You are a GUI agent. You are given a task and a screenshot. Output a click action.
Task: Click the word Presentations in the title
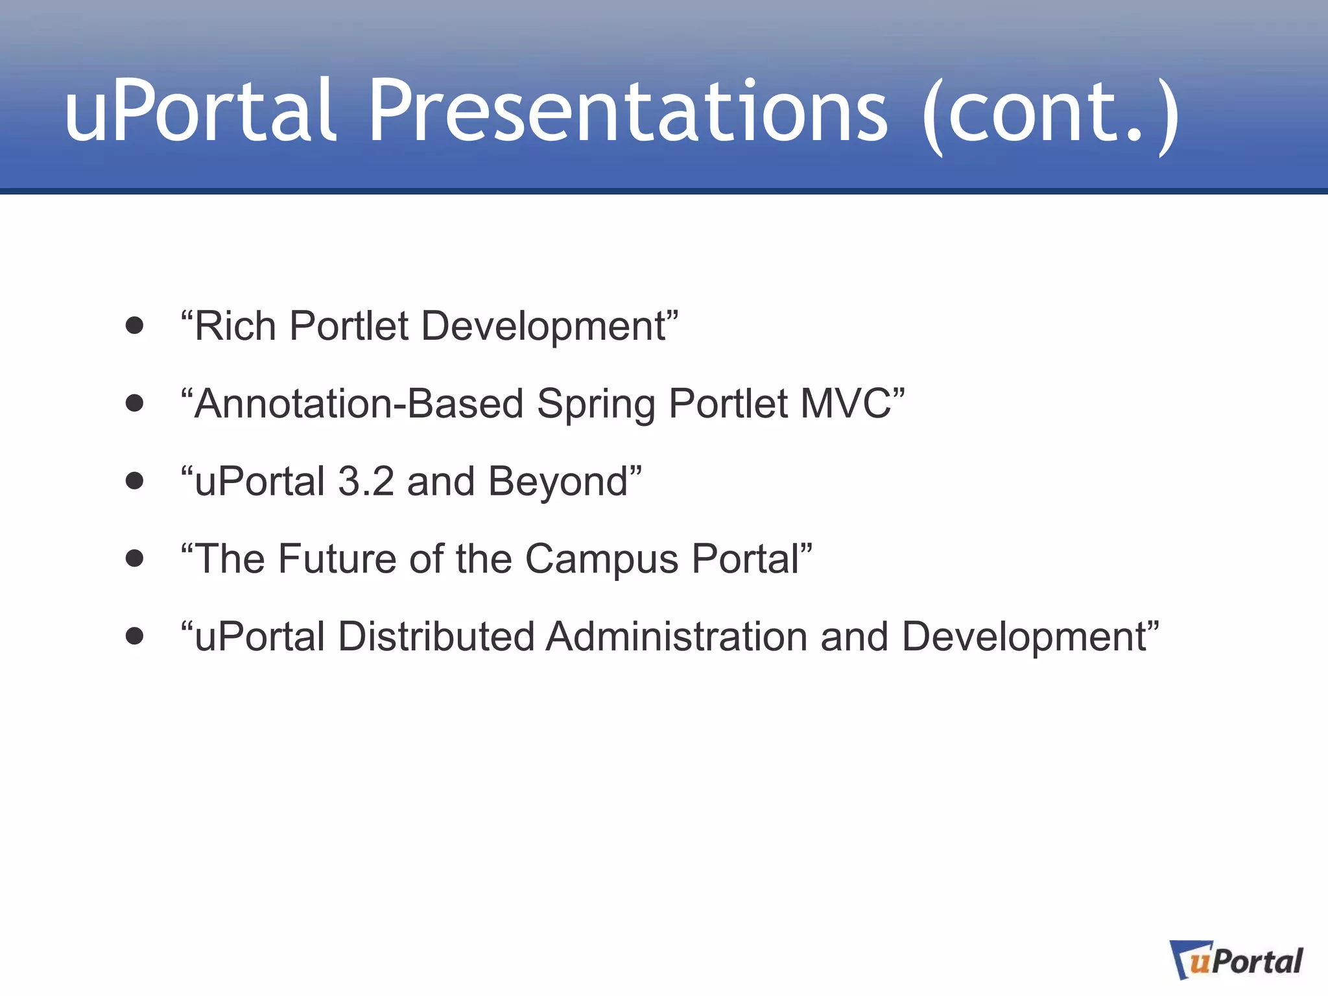628,112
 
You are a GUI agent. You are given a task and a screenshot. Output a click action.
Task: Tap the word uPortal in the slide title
201,112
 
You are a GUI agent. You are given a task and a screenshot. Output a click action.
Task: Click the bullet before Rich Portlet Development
134,326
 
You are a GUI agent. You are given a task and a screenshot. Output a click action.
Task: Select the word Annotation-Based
359,403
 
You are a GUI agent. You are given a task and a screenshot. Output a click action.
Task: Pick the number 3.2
366,481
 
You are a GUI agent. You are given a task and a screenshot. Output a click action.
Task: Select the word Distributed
436,636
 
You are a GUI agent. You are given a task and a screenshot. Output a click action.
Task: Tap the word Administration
676,636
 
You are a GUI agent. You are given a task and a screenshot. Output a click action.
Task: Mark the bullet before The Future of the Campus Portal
134,559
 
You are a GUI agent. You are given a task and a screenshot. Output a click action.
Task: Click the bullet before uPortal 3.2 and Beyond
134,481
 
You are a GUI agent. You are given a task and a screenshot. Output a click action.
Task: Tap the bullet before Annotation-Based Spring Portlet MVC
134,403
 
